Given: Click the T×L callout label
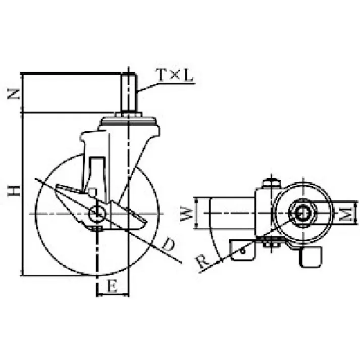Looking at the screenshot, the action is click(x=175, y=75).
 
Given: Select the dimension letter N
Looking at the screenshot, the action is click(x=14, y=94).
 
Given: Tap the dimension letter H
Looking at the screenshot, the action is click(x=14, y=190).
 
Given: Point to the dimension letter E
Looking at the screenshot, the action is click(x=112, y=286).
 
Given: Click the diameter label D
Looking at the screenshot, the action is click(x=168, y=244).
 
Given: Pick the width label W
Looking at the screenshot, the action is click(x=186, y=214).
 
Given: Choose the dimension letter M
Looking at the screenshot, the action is click(x=346, y=214).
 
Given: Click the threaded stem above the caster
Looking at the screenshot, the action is click(x=129, y=93).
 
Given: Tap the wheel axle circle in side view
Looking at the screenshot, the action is click(x=97, y=214).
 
